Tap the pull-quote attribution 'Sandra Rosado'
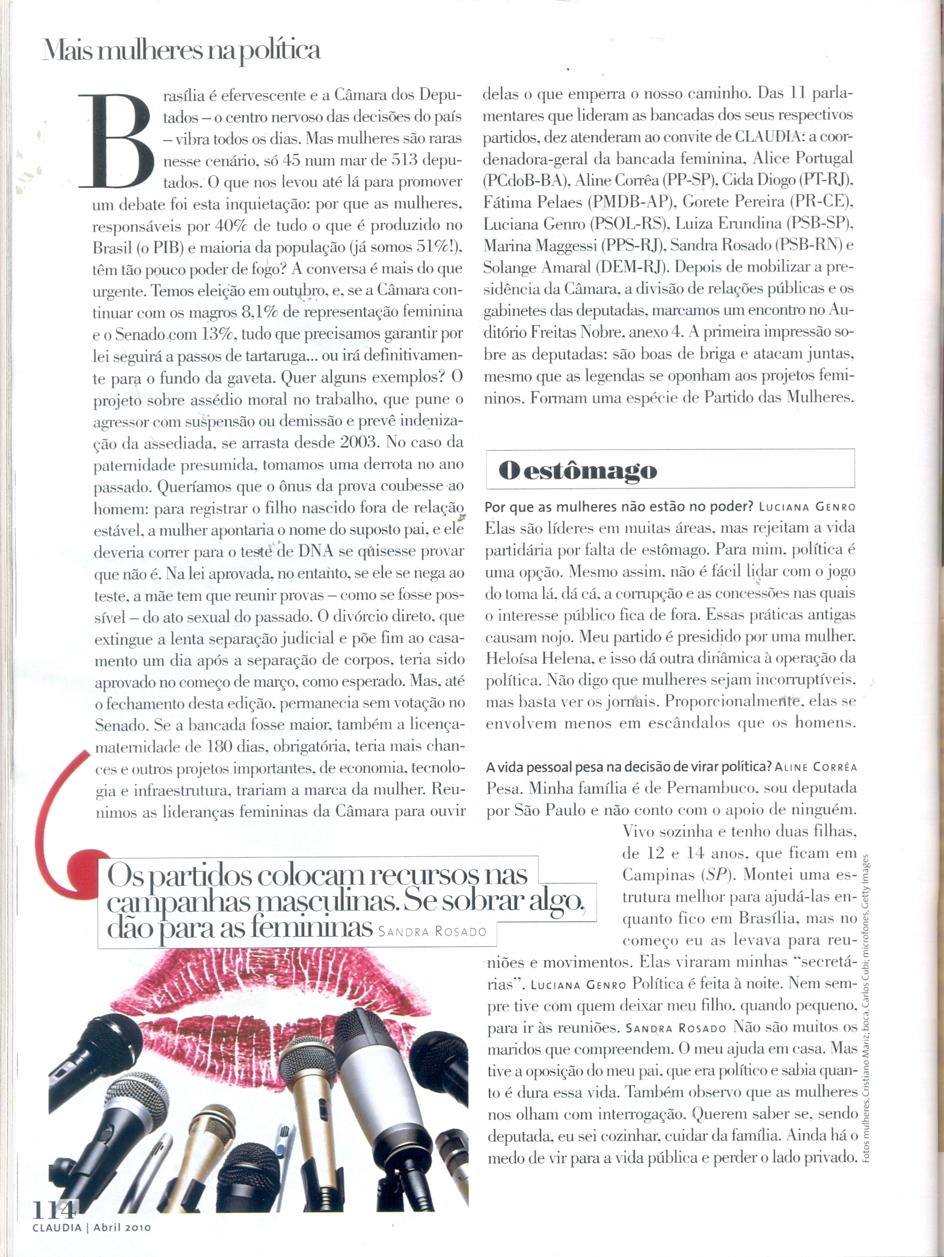(x=432, y=932)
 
